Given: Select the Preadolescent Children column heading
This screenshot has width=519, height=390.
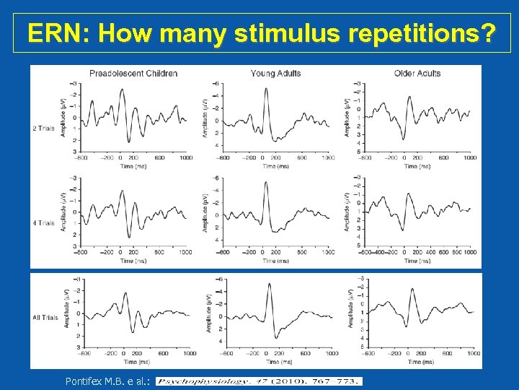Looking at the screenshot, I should click(133, 73).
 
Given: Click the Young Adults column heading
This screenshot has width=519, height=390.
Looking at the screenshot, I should click(275, 73).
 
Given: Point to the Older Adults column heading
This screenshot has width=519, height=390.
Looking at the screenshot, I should click(417, 73).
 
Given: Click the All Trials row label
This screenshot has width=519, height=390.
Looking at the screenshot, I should click(45, 318).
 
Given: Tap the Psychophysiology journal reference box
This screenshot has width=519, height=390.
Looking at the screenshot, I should click(259, 381).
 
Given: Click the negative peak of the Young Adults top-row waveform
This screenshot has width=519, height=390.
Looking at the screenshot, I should click(266, 89).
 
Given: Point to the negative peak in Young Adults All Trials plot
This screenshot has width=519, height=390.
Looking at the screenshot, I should click(270, 284).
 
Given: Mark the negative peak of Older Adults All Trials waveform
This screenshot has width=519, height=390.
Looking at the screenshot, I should click(412, 290).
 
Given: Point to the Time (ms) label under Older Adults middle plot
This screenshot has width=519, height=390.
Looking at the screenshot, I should click(417, 260).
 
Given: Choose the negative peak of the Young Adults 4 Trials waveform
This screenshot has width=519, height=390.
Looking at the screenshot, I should click(266, 183).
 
